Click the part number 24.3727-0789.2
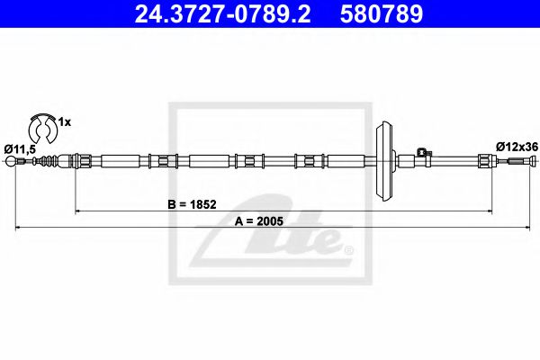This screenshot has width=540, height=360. (x=222, y=14)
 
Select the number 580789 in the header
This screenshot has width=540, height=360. (x=382, y=14)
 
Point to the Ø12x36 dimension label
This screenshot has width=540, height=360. (x=517, y=147)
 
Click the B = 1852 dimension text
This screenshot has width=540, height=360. (x=192, y=204)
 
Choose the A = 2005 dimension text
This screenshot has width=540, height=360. (x=258, y=221)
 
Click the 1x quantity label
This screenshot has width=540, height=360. (x=65, y=122)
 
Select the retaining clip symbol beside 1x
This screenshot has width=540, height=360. (x=42, y=128)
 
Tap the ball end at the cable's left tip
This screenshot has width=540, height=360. (x=11, y=160)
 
